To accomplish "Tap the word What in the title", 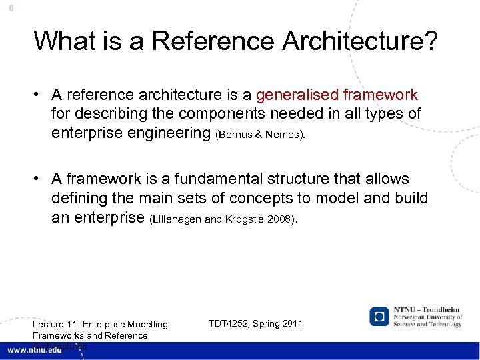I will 61,41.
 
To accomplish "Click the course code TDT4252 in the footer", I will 229,323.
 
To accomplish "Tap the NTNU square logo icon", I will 380,315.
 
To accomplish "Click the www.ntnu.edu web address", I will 35,349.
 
